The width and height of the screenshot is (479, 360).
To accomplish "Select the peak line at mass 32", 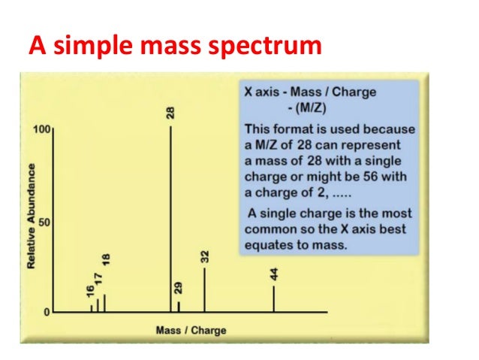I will click(x=204, y=289).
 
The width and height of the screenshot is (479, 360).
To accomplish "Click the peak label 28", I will click(x=171, y=113).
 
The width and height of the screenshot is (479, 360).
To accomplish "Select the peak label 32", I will click(x=205, y=256).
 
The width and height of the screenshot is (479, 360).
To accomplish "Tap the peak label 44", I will click(x=274, y=274).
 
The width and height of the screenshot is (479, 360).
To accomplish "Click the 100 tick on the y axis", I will click(x=41, y=130).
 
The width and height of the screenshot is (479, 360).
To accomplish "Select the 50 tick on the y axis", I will click(x=44, y=222).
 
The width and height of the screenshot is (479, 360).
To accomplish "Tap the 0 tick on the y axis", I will click(x=47, y=312).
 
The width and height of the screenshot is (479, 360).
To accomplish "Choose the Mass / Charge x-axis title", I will click(x=191, y=330).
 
